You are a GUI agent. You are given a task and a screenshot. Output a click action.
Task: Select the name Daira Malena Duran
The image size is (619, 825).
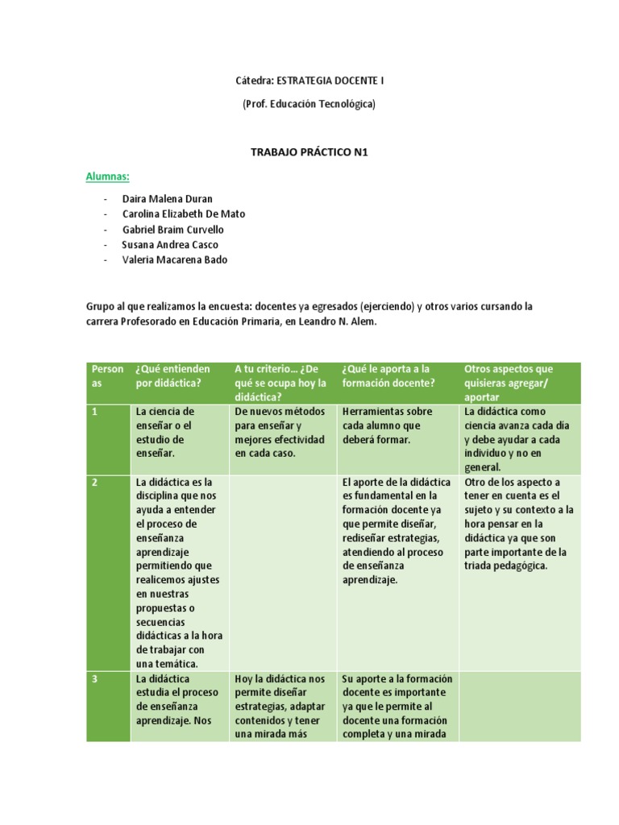pos(168,198)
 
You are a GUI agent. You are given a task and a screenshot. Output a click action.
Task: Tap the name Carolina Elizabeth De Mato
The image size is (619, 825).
pos(184,214)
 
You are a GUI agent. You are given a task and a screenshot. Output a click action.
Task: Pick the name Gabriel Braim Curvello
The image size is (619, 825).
pos(173,229)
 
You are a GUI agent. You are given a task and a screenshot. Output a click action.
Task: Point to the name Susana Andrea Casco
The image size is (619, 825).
pos(170,244)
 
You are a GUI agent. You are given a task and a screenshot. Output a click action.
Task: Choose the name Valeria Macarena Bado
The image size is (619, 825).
pos(175,259)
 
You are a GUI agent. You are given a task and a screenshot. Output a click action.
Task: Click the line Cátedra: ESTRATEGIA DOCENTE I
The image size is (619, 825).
pos(309,81)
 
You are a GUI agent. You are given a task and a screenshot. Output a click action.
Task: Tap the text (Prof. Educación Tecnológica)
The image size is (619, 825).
pos(309,104)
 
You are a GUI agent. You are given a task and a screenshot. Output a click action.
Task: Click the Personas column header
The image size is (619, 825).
pos(108,375)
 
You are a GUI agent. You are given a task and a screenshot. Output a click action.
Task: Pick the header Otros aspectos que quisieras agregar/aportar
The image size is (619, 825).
pos(519,383)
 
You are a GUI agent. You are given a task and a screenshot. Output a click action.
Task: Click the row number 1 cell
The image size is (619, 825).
pos(108,439)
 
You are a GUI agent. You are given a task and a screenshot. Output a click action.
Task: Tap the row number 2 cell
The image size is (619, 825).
pos(108,572)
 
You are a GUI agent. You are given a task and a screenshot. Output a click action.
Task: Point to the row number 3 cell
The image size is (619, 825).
pos(108,705)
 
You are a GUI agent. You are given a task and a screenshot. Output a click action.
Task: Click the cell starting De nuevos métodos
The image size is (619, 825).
pos(280,432)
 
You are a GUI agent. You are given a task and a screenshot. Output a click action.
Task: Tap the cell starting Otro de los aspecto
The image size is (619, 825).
pos(519,524)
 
